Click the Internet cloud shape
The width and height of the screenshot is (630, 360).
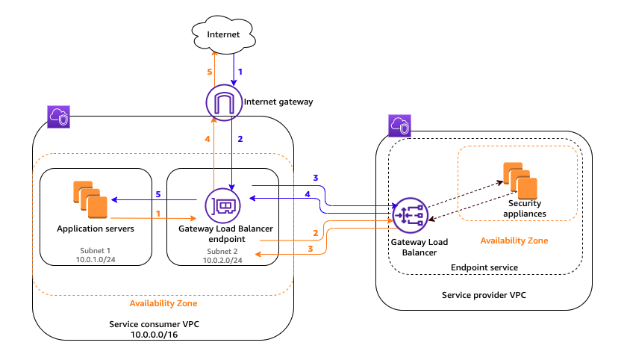click(x=224, y=34)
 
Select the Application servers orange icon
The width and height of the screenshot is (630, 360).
click(x=90, y=196)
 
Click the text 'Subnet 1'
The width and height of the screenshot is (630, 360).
click(x=95, y=250)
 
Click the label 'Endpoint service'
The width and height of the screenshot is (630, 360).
click(x=484, y=267)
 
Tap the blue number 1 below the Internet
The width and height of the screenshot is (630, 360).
click(x=240, y=72)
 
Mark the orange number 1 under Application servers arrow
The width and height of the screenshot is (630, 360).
click(x=157, y=214)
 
